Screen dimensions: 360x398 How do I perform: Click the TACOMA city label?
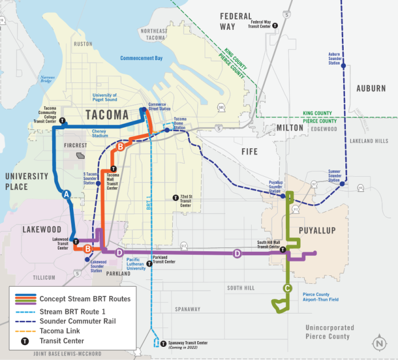(x=107, y=114)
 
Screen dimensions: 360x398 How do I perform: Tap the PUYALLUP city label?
(x=316, y=230)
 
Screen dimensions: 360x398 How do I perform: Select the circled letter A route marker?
(x=67, y=195)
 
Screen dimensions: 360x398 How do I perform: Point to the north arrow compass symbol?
(x=378, y=343)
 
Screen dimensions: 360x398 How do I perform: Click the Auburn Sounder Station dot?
(x=343, y=66)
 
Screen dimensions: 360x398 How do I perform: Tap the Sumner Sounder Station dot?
(x=342, y=184)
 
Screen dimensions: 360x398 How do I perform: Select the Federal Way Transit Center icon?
(x=275, y=25)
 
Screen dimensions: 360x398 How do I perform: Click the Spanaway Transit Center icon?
(x=164, y=343)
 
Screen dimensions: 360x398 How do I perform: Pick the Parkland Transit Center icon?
(x=149, y=264)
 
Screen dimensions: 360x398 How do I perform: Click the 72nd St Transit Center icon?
(x=176, y=197)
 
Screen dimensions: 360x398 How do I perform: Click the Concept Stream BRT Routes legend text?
(x=85, y=299)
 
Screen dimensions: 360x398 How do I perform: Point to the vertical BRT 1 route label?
(x=148, y=203)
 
